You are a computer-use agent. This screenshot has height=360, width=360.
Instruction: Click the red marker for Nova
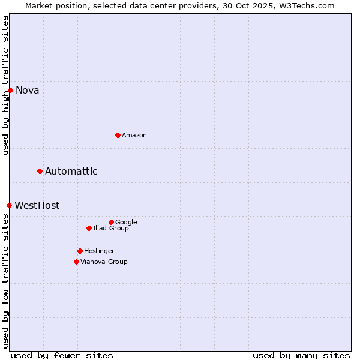tap(10, 90)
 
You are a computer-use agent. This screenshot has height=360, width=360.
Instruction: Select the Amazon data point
tap(118, 135)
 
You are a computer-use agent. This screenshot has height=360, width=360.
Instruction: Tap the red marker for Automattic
tap(40, 171)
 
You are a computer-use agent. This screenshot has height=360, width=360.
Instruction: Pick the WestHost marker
tap(9, 205)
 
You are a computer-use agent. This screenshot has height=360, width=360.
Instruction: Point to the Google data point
tap(111, 222)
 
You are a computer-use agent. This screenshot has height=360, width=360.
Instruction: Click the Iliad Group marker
tap(89, 228)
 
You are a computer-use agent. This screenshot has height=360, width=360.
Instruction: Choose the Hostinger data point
tap(80, 251)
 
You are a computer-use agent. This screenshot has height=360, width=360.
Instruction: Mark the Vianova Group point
tap(76, 262)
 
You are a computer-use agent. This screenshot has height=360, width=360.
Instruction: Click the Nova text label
tap(27, 91)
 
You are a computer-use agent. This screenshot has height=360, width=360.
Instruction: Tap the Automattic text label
tap(71, 172)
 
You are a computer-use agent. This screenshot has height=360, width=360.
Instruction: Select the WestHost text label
tap(37, 206)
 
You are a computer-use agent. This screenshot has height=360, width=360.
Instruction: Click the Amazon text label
tap(134, 136)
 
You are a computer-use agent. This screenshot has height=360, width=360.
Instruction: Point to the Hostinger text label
tap(99, 251)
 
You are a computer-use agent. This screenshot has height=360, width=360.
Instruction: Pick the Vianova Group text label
tap(104, 262)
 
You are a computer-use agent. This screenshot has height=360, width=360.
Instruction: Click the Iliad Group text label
tap(110, 229)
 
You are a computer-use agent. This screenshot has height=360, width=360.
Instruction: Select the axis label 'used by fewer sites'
tap(62, 355)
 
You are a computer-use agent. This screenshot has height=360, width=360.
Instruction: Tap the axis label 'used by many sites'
tap(301, 355)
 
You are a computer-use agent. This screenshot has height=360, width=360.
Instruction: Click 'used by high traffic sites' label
tap(5, 85)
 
